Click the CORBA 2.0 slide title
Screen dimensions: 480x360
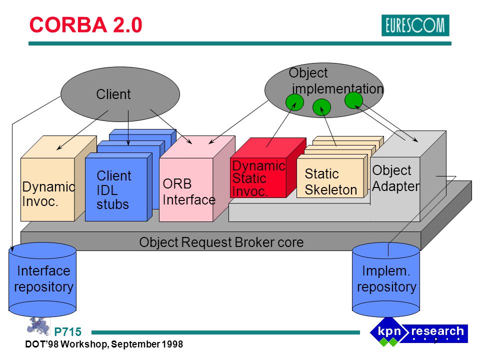[85, 25]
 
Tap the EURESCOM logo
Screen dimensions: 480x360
[415, 25]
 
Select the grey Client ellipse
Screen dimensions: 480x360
[120, 94]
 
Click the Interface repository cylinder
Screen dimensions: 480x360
[42, 279]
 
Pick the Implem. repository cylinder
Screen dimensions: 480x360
[386, 279]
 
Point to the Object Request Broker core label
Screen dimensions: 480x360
[221, 242]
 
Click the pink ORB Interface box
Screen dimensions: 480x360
[197, 179]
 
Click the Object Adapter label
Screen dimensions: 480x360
[396, 178]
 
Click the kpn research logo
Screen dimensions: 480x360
[419, 332]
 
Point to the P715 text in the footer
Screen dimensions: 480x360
[67, 332]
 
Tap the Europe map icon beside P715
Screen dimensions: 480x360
[38, 326]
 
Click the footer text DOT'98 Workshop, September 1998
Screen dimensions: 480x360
[104, 344]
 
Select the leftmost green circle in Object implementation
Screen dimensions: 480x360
[294, 102]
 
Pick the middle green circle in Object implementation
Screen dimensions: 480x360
[321, 107]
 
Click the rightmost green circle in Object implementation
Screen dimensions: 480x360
[353, 100]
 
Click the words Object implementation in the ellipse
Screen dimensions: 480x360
[336, 81]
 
